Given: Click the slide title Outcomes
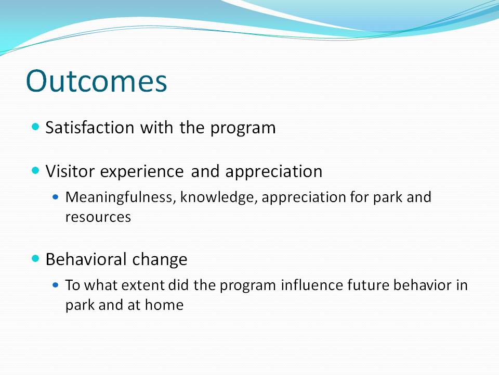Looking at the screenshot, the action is tap(97, 81).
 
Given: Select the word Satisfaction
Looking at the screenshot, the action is tap(90, 128).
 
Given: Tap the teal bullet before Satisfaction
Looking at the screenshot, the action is tap(36, 127).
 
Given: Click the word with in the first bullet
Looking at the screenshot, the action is tap(156, 128).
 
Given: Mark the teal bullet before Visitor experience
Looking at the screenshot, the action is tap(36, 170).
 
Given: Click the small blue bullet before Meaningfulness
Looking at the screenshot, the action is tap(56, 197).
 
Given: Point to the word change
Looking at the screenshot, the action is tap(160, 259).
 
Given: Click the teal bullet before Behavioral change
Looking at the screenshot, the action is tap(36, 258).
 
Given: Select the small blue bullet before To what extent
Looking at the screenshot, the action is tap(56, 285).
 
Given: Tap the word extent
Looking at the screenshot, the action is tap(142, 285).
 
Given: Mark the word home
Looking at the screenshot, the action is tap(164, 305).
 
